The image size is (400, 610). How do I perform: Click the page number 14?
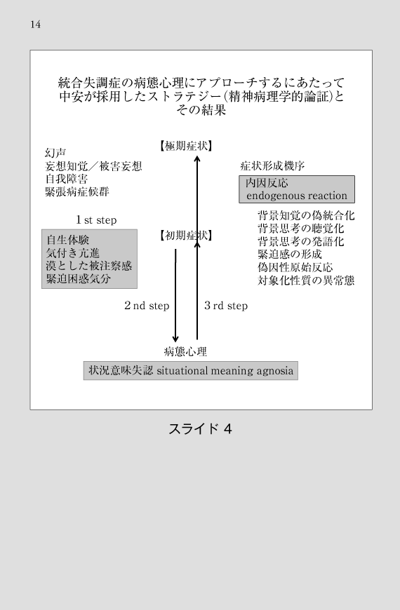click(36, 25)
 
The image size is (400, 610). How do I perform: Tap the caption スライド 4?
click(200, 428)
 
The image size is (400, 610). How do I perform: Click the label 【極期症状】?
click(186, 147)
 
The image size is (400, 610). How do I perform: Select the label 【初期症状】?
click(186, 236)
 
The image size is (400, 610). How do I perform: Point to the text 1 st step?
click(96, 220)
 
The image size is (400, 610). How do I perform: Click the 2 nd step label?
click(147, 306)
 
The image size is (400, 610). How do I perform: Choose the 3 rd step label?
click(226, 306)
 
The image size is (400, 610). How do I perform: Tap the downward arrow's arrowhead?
click(175, 338)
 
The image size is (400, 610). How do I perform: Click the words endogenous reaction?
click(296, 196)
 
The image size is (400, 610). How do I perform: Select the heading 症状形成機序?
click(272, 166)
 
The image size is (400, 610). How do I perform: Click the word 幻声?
click(55, 153)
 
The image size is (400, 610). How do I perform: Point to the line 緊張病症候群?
click(77, 192)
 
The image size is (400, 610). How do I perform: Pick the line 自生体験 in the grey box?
click(68, 240)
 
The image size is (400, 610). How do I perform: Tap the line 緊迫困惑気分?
click(79, 279)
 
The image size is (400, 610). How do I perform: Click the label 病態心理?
click(185, 352)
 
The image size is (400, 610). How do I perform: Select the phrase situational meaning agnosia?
click(225, 371)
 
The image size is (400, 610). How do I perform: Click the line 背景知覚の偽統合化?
click(306, 216)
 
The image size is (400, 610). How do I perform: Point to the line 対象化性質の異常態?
click(306, 280)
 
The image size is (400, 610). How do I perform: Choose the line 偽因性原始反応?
click(295, 268)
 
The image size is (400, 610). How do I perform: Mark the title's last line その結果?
click(201, 110)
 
